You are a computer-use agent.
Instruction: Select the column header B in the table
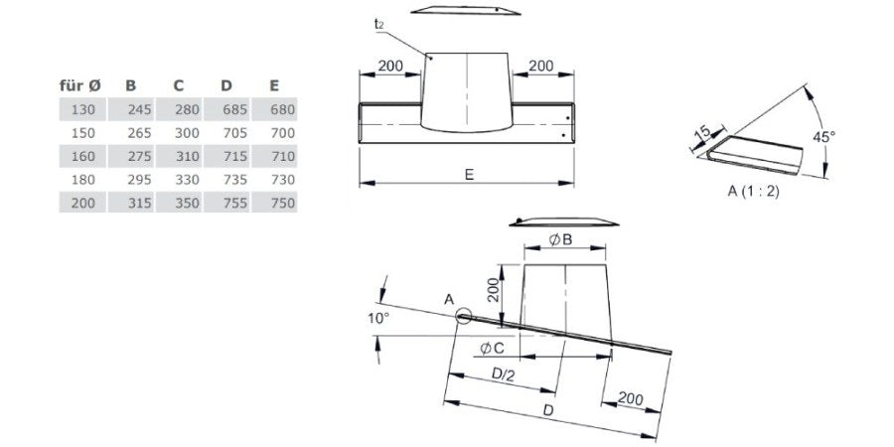(130, 86)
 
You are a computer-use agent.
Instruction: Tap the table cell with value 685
(231, 109)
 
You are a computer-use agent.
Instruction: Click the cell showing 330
(186, 179)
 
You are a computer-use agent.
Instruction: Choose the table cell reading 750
(281, 202)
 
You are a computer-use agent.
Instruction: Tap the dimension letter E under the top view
(467, 174)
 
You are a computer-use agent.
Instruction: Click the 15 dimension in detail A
(702, 132)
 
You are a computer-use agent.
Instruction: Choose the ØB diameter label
(559, 239)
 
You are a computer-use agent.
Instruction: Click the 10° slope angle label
(377, 318)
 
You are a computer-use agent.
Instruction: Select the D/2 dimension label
(504, 375)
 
